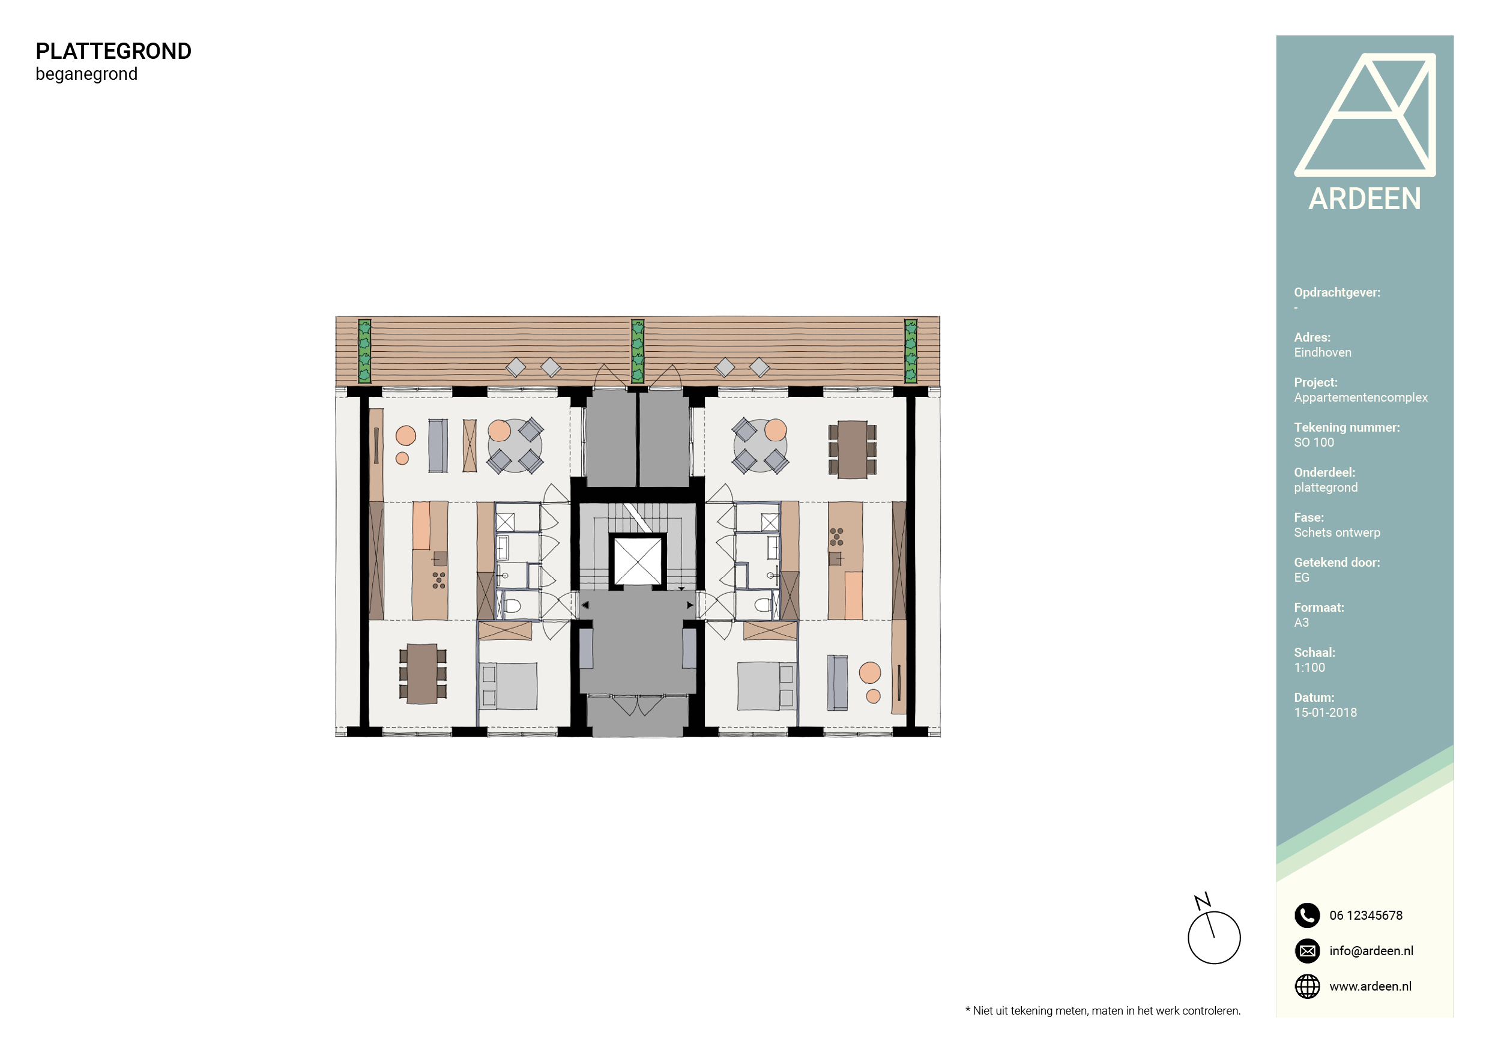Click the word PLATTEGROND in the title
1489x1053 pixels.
pyautogui.click(x=113, y=51)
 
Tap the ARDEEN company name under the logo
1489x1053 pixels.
pyautogui.click(x=1365, y=199)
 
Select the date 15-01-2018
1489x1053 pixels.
pyautogui.click(x=1325, y=713)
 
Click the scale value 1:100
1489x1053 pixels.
pyautogui.click(x=1309, y=668)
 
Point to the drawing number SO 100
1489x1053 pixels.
pyautogui.click(x=1314, y=443)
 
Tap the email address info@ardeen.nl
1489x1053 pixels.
pyautogui.click(x=1371, y=951)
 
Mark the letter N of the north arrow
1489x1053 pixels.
pyautogui.click(x=1203, y=901)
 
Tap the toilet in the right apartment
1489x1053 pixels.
pyautogui.click(x=763, y=606)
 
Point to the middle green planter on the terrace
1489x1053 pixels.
pyautogui.click(x=638, y=351)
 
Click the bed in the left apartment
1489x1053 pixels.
pyautogui.click(x=509, y=686)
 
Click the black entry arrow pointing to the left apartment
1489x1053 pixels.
pyautogui.click(x=585, y=605)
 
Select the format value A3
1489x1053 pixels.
pyautogui.click(x=1301, y=623)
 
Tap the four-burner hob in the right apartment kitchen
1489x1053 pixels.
pyautogui.click(x=836, y=536)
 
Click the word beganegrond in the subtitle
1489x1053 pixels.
pyautogui.click(x=86, y=74)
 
